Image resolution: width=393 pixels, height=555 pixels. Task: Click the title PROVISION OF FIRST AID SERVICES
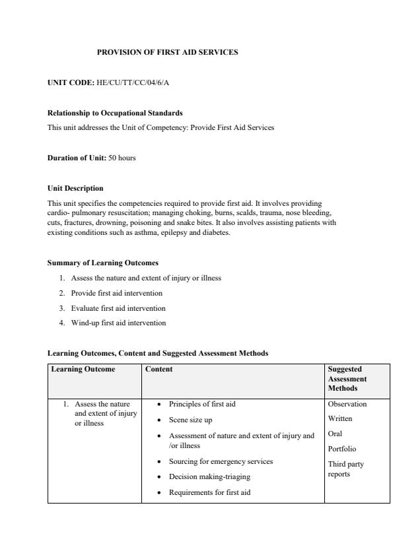(167, 51)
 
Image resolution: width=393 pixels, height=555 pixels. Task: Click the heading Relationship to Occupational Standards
(115, 113)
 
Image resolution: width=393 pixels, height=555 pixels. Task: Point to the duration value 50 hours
(122, 158)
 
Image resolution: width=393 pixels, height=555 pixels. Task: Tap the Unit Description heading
(75, 188)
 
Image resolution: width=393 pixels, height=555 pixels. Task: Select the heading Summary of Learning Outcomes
(103, 263)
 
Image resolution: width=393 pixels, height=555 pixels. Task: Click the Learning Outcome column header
(83, 370)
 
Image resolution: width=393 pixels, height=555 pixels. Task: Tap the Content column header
(159, 370)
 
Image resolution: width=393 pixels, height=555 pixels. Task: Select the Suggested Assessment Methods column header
(347, 379)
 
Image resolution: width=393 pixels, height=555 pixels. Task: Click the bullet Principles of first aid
(202, 404)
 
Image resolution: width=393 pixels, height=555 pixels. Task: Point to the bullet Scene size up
(190, 420)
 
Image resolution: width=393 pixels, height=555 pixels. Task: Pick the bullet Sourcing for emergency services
(221, 461)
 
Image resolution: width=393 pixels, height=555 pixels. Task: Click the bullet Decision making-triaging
(209, 476)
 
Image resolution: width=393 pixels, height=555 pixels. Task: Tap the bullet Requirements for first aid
(209, 492)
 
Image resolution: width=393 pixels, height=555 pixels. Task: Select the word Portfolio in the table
(341, 449)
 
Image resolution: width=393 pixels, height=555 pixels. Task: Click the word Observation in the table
(347, 404)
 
